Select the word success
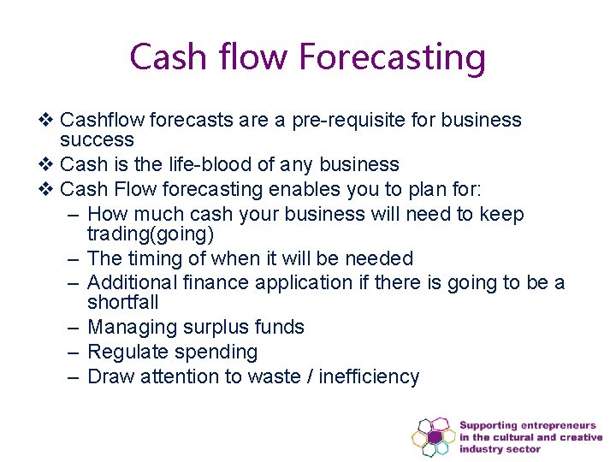point(97,139)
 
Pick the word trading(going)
point(150,234)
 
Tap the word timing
point(156,258)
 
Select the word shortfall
point(122,302)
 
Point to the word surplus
point(210,327)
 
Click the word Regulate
point(127,352)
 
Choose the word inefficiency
point(369,376)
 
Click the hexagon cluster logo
point(434,436)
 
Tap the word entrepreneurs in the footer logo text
point(560,425)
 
